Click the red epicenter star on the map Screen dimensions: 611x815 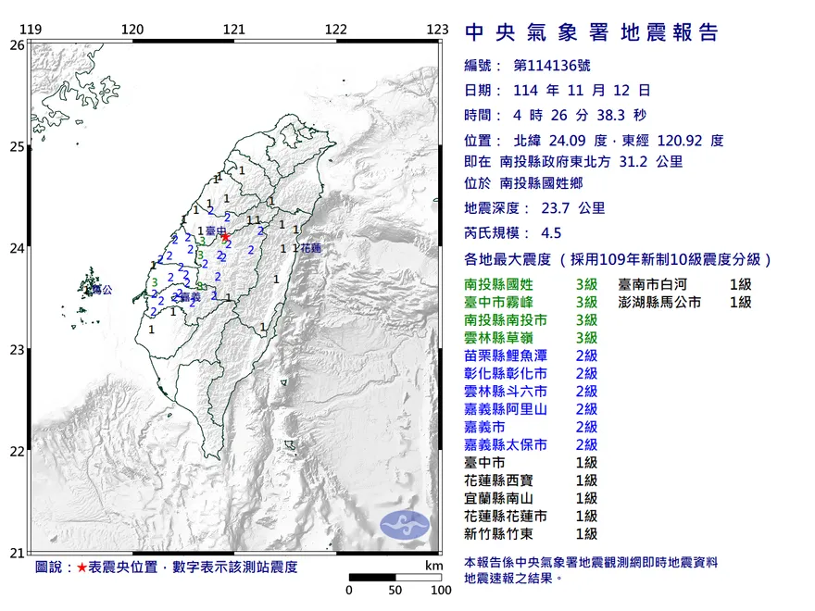[x=225, y=237]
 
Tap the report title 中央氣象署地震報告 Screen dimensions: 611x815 [x=591, y=33]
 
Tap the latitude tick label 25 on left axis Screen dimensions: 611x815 [x=17, y=146]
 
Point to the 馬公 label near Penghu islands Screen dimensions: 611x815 [x=101, y=290]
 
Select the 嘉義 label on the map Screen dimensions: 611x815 [x=191, y=297]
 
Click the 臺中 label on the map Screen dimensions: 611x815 [x=215, y=230]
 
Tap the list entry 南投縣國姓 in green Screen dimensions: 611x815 [x=506, y=284]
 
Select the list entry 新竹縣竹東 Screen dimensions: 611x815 [x=506, y=533]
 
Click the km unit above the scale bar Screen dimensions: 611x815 [x=433, y=566]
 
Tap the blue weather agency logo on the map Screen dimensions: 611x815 [x=406, y=525]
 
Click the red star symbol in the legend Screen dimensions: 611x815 [x=82, y=567]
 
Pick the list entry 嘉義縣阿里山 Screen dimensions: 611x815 [x=512, y=408]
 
